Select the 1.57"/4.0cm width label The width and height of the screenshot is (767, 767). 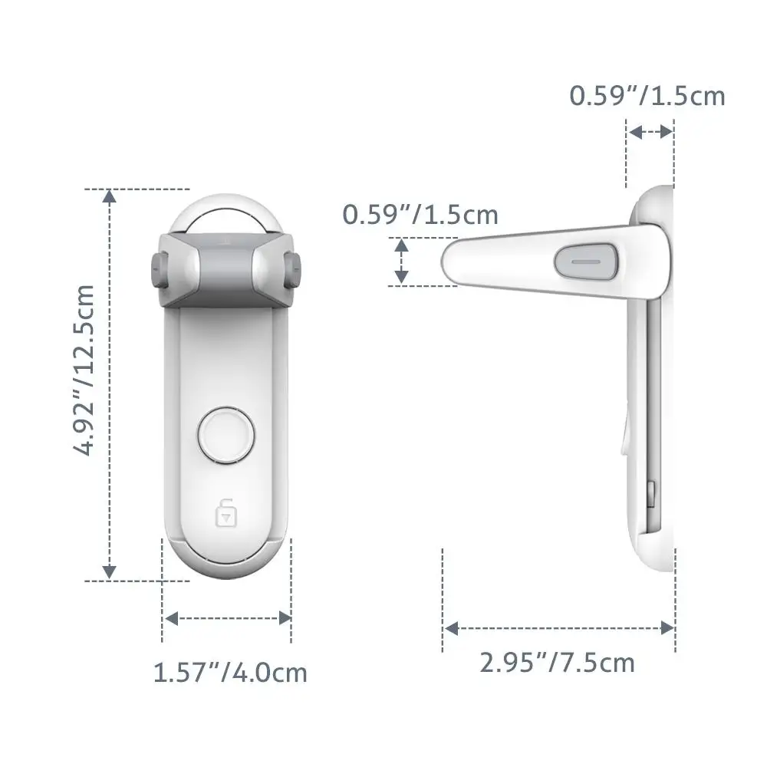pos(230,673)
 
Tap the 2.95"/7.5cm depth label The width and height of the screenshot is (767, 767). pos(558,661)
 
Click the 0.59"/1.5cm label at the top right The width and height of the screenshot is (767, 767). pos(647,96)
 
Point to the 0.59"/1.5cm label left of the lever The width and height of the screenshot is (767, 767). pos(420,215)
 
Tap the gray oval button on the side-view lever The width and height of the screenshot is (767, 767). pos(586,260)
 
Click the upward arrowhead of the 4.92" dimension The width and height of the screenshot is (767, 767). pos(110,197)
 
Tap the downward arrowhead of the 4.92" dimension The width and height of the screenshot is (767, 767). pos(110,571)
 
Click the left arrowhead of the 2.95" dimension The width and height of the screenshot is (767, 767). pos(452,628)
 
